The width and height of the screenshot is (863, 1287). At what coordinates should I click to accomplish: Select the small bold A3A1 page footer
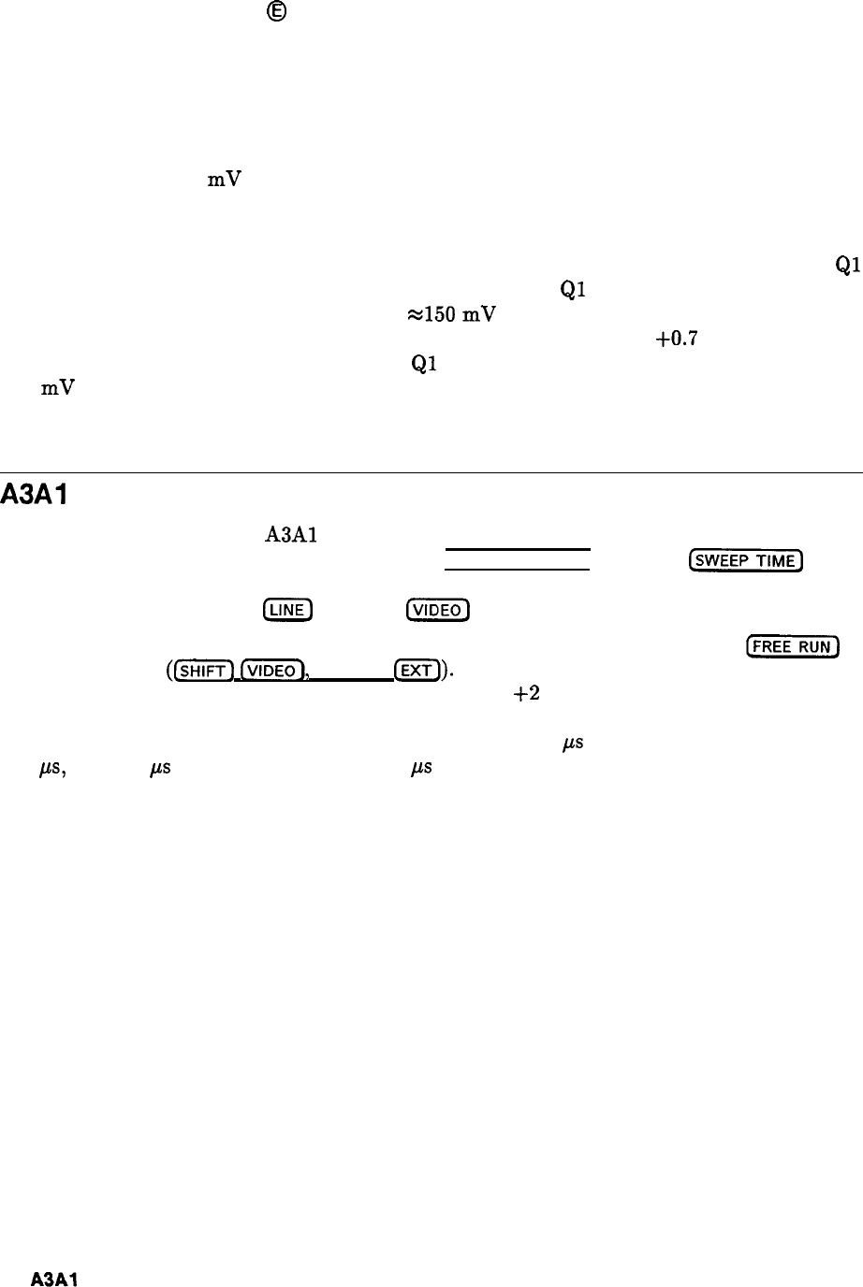click(x=53, y=1279)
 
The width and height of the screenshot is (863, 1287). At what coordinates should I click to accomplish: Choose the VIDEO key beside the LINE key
click(x=437, y=611)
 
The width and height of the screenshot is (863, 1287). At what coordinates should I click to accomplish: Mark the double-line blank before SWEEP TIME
click(x=517, y=558)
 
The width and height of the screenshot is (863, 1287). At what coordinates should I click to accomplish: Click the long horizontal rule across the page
click(x=431, y=473)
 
